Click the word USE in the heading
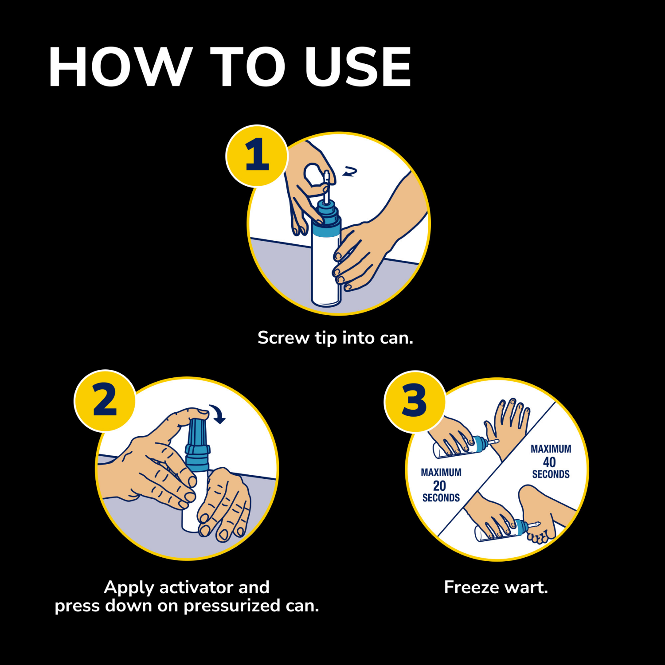click(358, 67)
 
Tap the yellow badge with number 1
click(257, 155)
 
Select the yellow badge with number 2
click(105, 400)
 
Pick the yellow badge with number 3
click(415, 401)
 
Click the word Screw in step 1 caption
click(283, 338)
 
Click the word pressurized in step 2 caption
click(232, 606)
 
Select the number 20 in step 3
click(439, 485)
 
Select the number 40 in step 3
click(549, 462)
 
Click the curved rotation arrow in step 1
click(350, 172)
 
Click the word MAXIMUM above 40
click(551, 449)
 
